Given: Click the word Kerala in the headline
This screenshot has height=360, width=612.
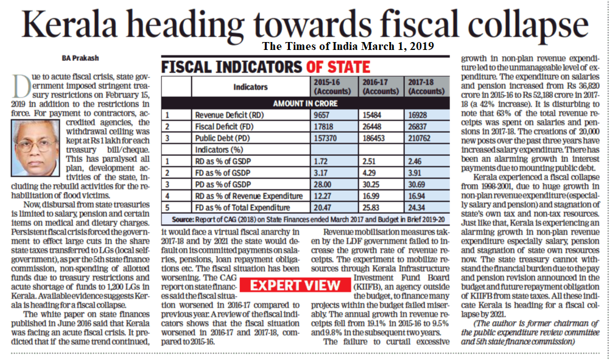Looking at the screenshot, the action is click(69, 24).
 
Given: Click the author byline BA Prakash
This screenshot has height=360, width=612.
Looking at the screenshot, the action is click(80, 58).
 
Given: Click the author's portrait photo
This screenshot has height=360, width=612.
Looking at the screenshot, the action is click(35, 148).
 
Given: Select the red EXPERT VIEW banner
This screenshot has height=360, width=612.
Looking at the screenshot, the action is click(295, 285).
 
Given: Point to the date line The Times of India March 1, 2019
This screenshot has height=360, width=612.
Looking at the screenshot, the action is click(348, 46).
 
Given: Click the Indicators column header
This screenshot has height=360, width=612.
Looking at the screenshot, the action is click(250, 86).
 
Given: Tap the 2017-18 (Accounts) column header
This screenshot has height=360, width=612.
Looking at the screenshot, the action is click(426, 86).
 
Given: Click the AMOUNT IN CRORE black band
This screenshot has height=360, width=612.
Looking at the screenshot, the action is click(305, 104).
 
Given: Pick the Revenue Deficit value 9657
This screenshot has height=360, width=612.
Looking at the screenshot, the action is click(322, 115).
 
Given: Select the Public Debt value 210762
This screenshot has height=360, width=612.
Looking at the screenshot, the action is click(419, 138).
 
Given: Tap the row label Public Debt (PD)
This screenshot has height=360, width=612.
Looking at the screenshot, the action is click(222, 138).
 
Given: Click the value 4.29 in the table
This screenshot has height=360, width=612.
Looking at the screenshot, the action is click(369, 172).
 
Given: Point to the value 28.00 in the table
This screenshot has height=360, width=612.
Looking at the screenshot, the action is click(322, 185).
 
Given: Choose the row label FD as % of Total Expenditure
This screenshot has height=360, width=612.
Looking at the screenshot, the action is click(242, 207).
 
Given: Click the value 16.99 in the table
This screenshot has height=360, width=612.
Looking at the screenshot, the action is click(370, 196).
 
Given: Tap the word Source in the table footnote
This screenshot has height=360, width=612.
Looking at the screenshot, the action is click(183, 220).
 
